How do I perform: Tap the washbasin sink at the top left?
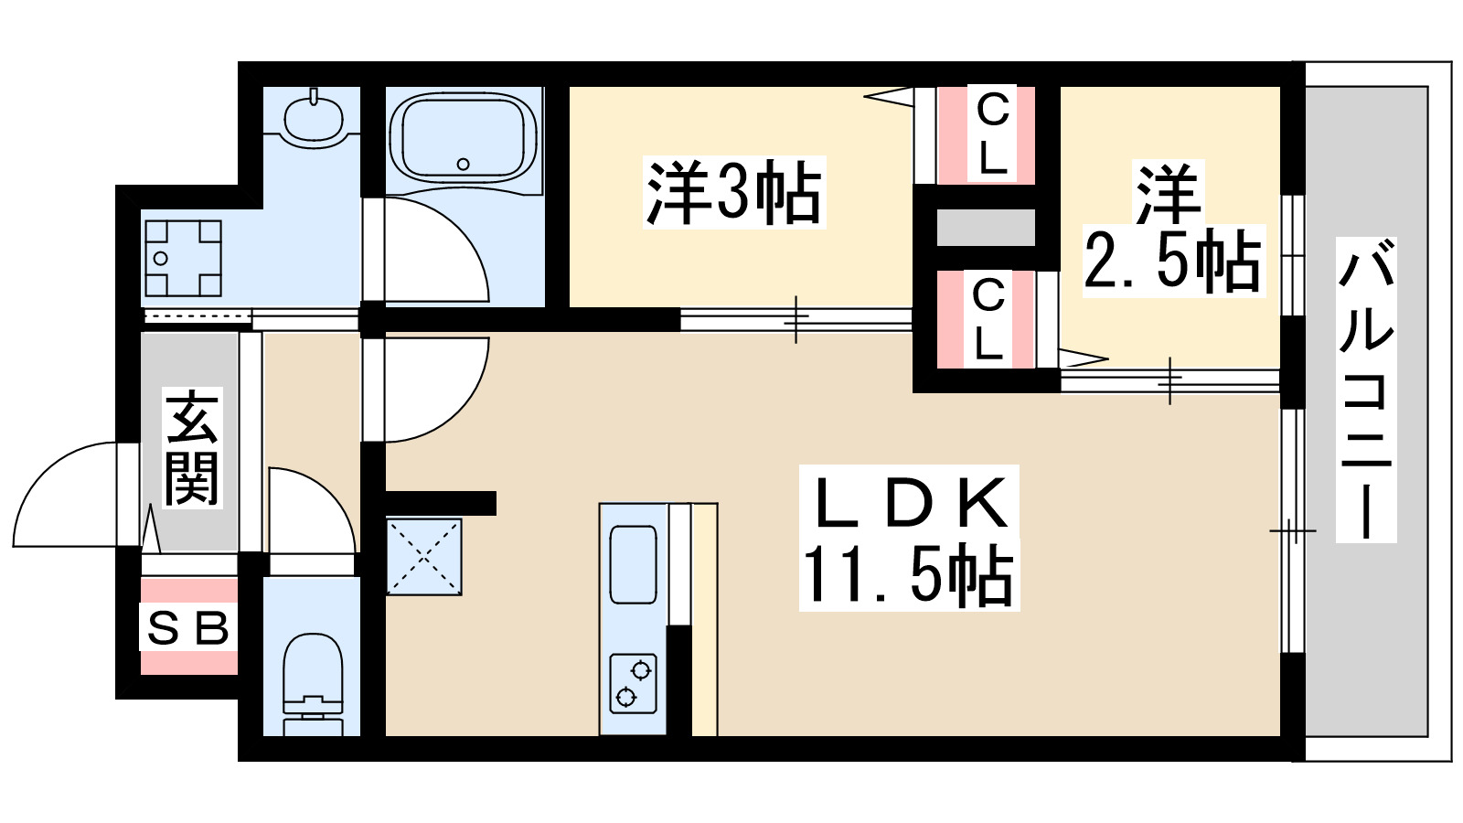tap(314, 118)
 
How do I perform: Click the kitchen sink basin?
tap(633, 564)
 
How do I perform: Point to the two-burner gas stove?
tap(633, 683)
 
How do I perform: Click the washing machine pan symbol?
tap(183, 258)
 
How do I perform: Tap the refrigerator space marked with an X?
tap(423, 556)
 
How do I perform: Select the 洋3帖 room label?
tap(734, 193)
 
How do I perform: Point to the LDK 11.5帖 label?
tap(910, 540)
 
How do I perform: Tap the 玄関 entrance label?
tap(191, 448)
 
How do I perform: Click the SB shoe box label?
tap(188, 628)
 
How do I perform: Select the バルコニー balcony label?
tap(1366, 389)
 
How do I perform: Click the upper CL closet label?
tap(991, 134)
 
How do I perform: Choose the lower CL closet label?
tap(988, 319)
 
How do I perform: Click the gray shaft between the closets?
tap(986, 228)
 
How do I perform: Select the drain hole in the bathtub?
tap(463, 165)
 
